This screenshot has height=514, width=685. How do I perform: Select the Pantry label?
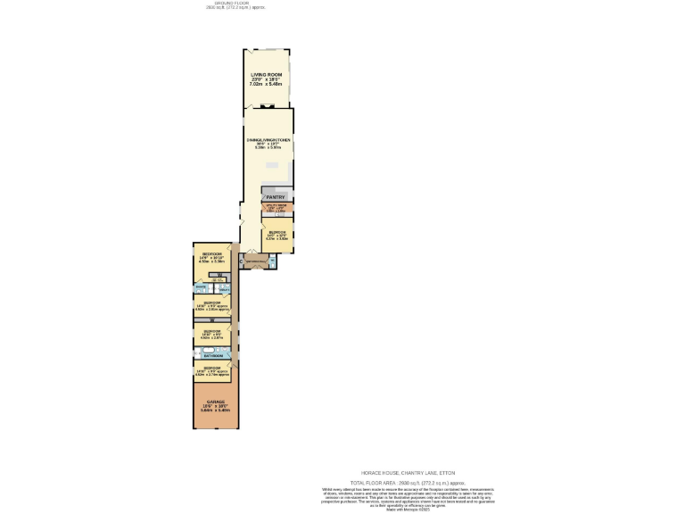pos(275,196)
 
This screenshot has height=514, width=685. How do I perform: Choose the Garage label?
pos(214,402)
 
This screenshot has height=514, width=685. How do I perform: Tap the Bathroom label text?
pos(212,355)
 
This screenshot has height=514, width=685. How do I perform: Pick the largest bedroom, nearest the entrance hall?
pos(211,259)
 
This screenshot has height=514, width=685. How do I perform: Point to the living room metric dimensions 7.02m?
pos(259,84)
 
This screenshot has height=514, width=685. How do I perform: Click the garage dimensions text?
pos(214,410)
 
